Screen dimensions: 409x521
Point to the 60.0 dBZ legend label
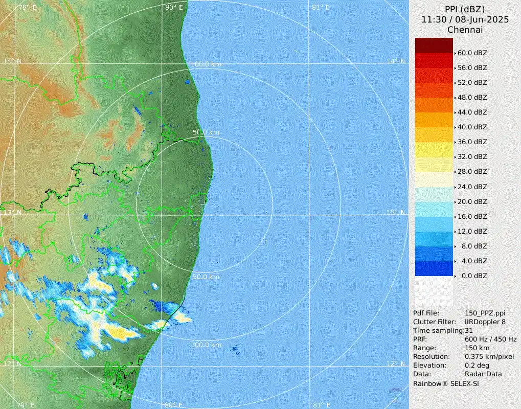[472, 53]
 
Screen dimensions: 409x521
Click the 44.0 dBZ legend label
[472, 112]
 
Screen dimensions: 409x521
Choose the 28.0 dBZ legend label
[472, 171]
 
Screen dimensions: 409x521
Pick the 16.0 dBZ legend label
[472, 216]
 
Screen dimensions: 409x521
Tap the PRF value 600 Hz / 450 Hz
[491, 339]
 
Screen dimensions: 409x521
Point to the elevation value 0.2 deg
[477, 365]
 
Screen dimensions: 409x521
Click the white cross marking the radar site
[203, 204]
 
